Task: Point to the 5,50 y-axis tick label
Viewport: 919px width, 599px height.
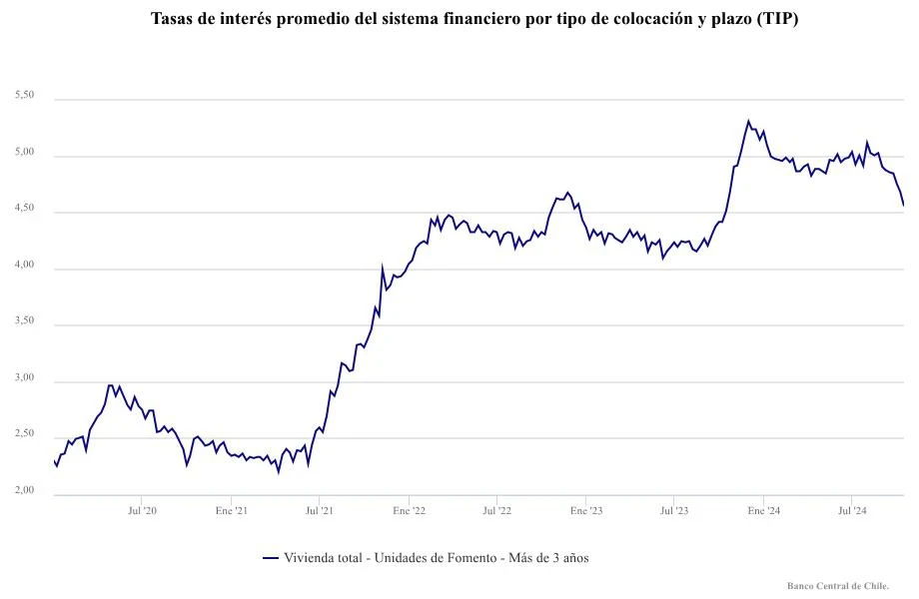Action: (25, 95)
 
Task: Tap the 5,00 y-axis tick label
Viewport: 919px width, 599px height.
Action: (25, 152)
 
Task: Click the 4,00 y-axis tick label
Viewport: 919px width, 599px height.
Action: (25, 265)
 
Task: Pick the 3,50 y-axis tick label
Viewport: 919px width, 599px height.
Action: (25, 320)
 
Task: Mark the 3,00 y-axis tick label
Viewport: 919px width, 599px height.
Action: (25, 377)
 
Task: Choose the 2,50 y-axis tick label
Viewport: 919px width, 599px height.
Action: (25, 434)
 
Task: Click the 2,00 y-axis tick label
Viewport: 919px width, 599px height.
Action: (25, 490)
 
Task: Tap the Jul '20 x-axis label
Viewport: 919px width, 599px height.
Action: (143, 510)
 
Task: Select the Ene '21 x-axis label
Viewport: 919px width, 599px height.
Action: (232, 510)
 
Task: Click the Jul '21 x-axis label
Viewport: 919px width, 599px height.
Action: (320, 510)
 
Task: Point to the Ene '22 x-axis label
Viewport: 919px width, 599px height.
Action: (410, 510)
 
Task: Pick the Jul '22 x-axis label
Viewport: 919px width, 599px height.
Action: (497, 510)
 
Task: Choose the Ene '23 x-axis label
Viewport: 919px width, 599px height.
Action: (587, 510)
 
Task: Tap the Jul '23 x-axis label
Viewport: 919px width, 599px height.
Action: (674, 510)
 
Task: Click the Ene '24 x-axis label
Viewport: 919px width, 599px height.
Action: (764, 510)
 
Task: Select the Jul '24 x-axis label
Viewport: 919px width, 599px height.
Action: (852, 510)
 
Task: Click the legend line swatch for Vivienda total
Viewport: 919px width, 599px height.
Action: (270, 558)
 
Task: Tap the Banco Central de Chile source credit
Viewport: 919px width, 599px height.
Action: (838, 586)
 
